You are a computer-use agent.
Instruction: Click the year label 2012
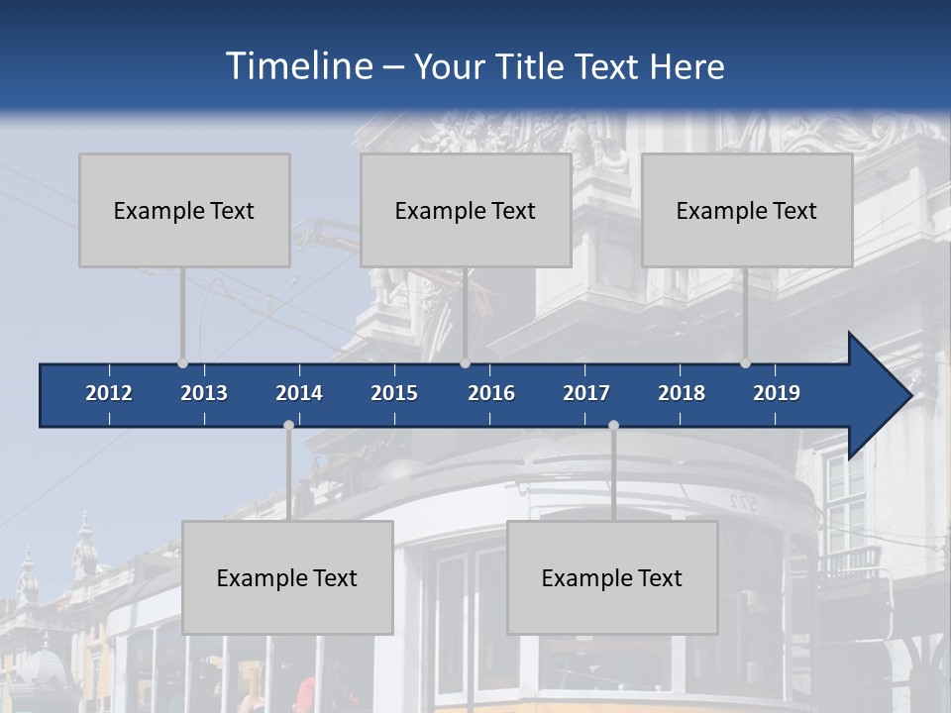[109, 393]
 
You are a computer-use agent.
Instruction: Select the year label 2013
[204, 393]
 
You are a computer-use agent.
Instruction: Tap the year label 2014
[299, 393]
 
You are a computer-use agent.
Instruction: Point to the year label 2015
[394, 393]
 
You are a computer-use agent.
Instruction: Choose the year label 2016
[491, 393]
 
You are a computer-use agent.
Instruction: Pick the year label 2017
[586, 393]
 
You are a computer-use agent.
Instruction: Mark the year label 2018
[682, 393]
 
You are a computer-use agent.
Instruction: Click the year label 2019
[777, 393]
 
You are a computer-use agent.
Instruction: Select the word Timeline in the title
[298, 66]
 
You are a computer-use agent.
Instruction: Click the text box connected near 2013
[184, 210]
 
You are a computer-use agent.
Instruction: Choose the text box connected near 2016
[466, 210]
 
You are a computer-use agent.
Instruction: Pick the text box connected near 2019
[747, 210]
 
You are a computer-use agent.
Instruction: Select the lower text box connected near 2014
[287, 577]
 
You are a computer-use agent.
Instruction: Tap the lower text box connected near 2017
[612, 577]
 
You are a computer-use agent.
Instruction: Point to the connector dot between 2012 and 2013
[182, 363]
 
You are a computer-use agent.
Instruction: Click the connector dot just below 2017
[613, 425]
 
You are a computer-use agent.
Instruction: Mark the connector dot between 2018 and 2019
[745, 363]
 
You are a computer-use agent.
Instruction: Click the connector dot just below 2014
[288, 425]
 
